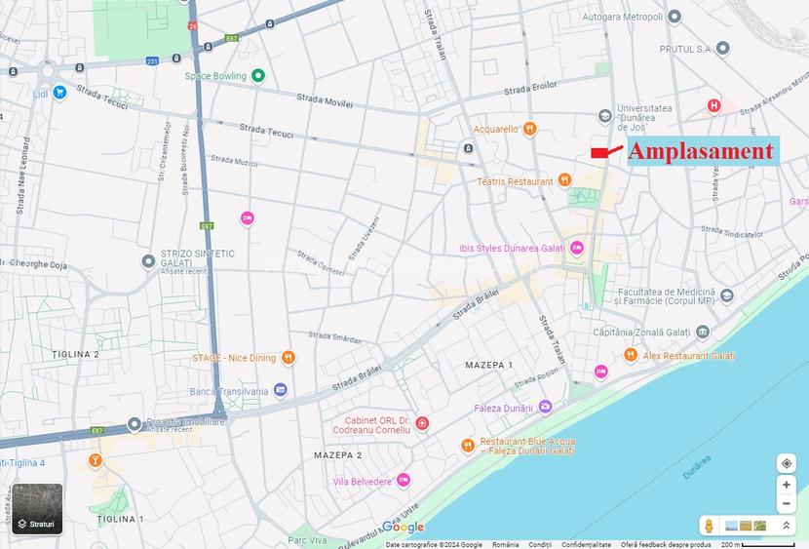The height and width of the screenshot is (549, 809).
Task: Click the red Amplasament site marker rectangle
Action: (x=599, y=152)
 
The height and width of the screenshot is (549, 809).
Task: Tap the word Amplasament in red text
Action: (x=700, y=151)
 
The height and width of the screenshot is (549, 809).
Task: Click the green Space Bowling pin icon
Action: (x=258, y=75)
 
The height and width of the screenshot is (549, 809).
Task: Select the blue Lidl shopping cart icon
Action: (x=59, y=93)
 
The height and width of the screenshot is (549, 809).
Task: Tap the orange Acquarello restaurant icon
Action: (x=529, y=128)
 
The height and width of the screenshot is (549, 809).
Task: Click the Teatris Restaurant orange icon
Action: (x=563, y=181)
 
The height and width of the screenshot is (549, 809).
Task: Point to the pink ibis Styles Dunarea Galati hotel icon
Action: (x=576, y=248)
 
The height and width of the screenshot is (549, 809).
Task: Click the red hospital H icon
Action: (x=714, y=105)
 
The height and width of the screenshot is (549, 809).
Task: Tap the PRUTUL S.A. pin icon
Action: (x=722, y=48)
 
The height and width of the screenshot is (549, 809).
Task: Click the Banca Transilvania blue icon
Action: (x=281, y=390)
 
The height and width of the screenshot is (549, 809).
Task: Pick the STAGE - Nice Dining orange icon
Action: (x=288, y=358)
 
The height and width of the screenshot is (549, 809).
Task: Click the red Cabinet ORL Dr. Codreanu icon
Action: (x=422, y=423)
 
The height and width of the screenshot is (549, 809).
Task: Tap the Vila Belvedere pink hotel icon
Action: (x=404, y=481)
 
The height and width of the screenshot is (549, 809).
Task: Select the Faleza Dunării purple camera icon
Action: (x=545, y=407)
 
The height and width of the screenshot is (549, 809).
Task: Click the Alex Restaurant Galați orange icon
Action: (x=631, y=356)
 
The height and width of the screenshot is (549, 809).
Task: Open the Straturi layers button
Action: (x=38, y=508)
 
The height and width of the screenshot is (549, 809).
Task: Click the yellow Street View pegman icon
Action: (x=709, y=526)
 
